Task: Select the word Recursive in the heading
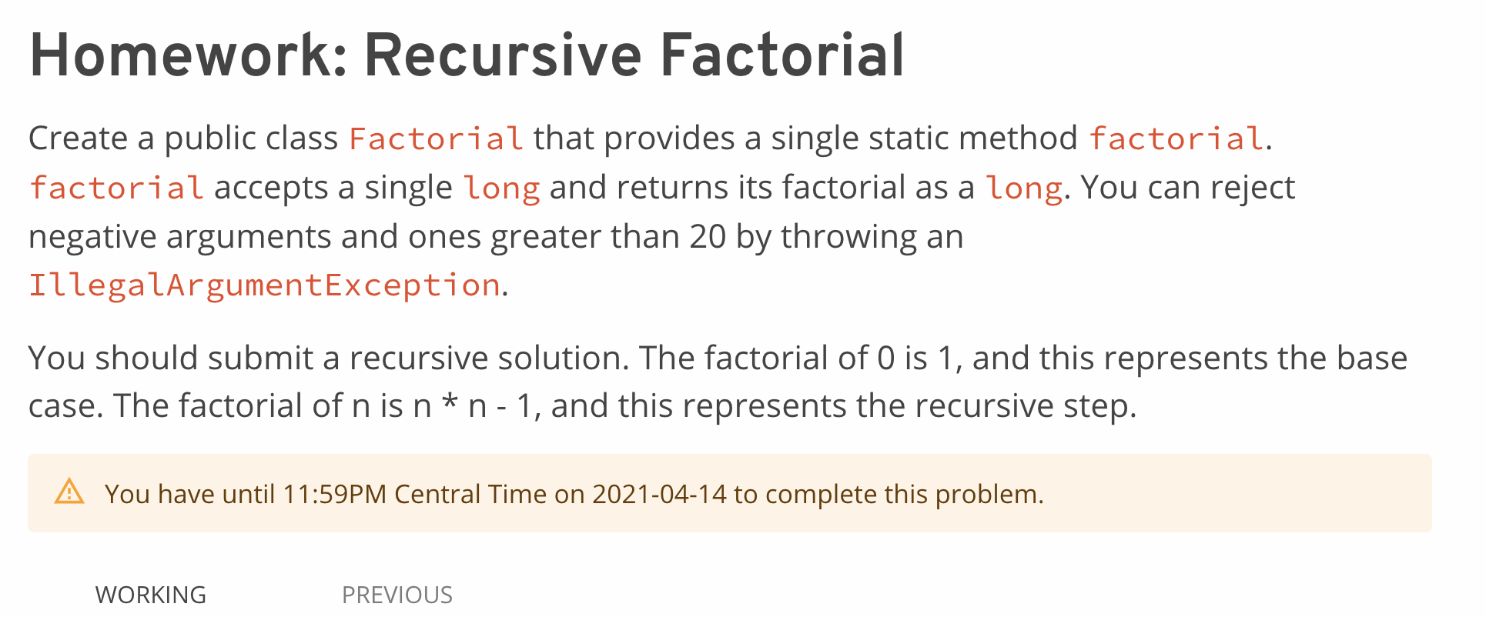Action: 503,55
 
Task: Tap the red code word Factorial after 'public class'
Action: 436,138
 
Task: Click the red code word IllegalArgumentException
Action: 265,285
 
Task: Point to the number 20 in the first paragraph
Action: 708,237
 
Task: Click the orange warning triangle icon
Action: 69,492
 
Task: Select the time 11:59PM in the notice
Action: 334,494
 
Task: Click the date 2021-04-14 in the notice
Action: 659,494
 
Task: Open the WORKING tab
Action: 151,595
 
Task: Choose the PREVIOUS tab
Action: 397,595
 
